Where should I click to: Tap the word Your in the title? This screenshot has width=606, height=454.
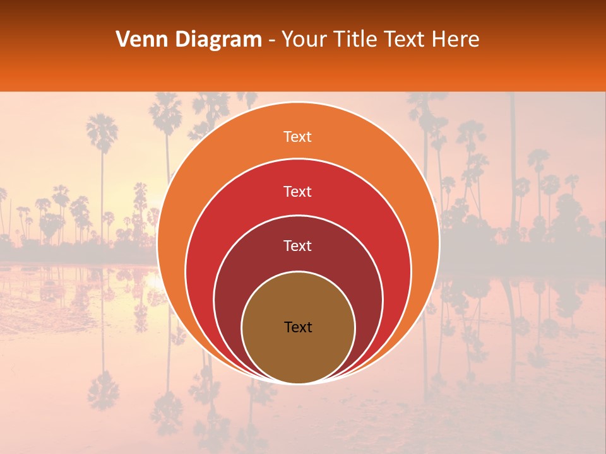click(x=302, y=40)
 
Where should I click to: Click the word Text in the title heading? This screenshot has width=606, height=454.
click(x=405, y=40)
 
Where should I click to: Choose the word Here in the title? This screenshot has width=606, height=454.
click(x=456, y=40)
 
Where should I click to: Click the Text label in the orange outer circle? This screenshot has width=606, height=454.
click(x=298, y=137)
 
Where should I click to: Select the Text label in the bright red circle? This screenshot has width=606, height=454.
click(x=298, y=192)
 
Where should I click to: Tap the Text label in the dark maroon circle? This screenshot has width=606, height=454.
click(x=298, y=246)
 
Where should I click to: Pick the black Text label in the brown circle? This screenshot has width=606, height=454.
click(x=298, y=327)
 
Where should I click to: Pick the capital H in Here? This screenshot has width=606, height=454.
click(x=439, y=40)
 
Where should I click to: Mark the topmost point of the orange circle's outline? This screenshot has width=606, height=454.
click(x=298, y=103)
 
